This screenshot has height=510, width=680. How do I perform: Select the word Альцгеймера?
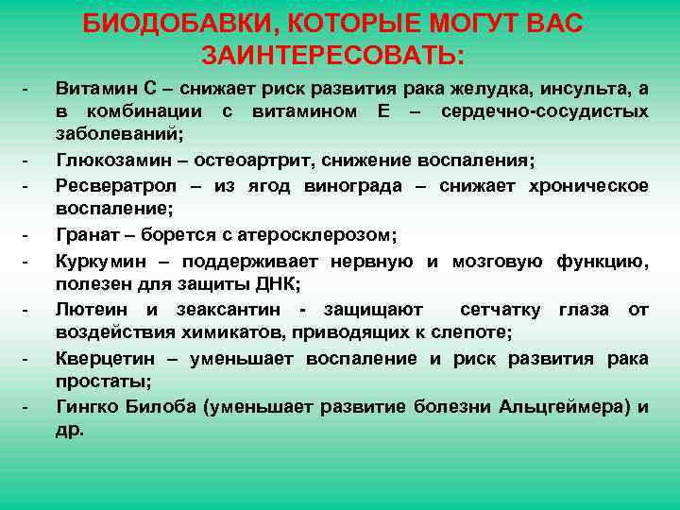click(x=575, y=407)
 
